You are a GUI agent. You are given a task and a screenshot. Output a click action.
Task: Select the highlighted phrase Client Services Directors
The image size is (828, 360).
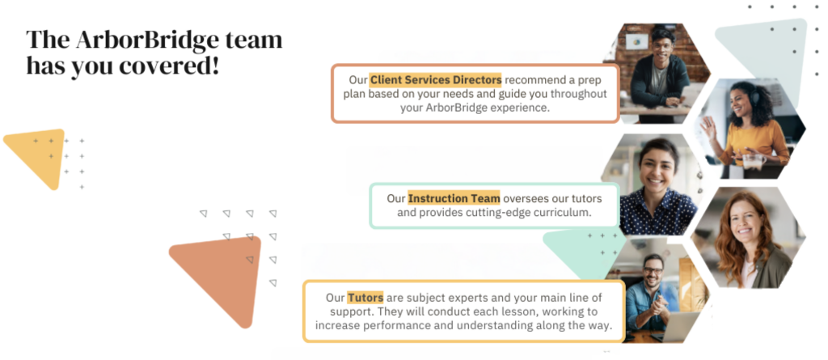point(435,80)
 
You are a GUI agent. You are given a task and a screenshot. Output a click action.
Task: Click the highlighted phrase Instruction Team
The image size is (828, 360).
point(454,199)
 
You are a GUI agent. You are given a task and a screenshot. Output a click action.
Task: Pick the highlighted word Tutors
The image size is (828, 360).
point(365,298)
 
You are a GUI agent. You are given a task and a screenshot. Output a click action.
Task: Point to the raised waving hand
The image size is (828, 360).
point(708,128)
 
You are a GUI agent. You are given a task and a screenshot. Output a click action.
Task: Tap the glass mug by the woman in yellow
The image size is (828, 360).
point(754,161)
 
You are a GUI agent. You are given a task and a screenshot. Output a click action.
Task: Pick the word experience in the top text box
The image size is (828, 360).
point(525,108)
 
